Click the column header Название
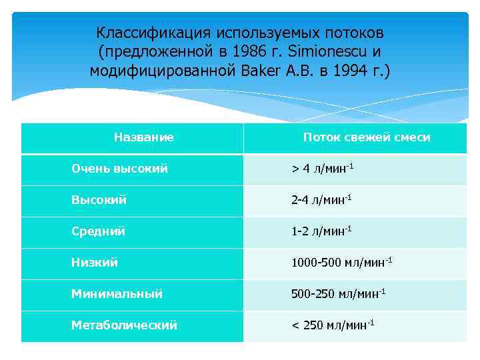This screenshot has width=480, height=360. [x=143, y=137]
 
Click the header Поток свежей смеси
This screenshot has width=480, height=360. [x=367, y=137]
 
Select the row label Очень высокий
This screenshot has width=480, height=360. [x=119, y=169]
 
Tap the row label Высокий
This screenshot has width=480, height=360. [x=99, y=200]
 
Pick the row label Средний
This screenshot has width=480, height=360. [x=98, y=231]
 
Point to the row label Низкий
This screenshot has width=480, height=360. [x=95, y=263]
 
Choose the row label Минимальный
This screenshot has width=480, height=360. [x=117, y=293]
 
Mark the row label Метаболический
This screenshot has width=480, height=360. [x=124, y=325]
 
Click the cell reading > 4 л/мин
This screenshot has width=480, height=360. [x=322, y=169]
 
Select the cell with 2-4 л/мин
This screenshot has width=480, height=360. [x=321, y=200]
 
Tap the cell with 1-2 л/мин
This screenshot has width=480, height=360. [x=321, y=231]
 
